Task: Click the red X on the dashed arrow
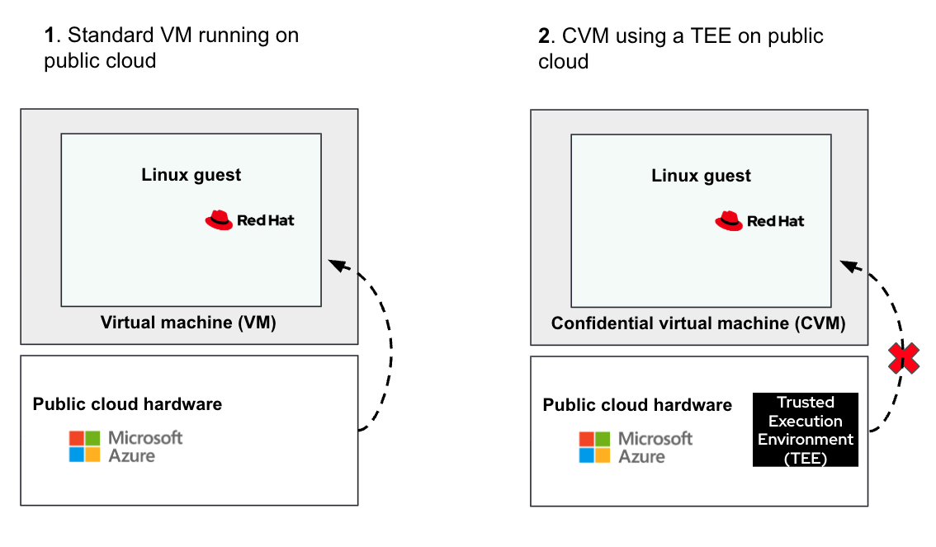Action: pos(903,358)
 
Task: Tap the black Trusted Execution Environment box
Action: pos(806,430)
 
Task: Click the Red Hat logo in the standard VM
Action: pos(249,220)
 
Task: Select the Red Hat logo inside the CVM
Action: pos(759,220)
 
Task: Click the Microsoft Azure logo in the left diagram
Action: pos(125,446)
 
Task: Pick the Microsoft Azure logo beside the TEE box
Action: pos(636,446)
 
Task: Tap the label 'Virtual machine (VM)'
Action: pos(188,323)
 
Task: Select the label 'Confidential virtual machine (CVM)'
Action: pos(698,323)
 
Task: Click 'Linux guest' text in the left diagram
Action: pos(191,175)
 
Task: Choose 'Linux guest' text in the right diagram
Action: pos(702,176)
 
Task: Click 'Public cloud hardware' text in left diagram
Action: pos(127,404)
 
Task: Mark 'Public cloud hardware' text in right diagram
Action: pos(637,405)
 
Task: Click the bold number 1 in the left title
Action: pos(50,35)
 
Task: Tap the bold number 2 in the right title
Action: pos(544,36)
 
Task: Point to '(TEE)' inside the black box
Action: pos(806,457)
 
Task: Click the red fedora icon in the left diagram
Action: pos(219,220)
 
